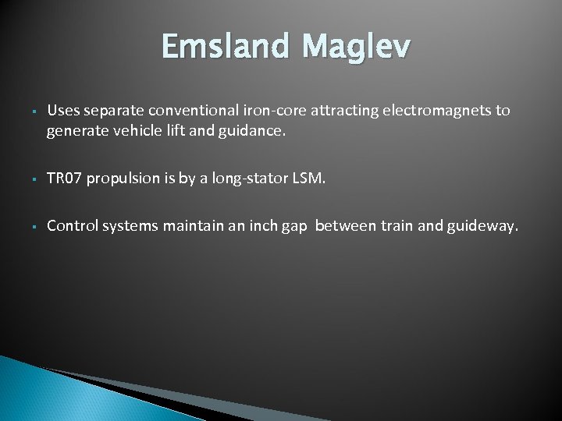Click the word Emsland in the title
224,48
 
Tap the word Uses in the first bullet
62,111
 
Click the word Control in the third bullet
72,226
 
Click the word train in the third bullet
397,226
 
